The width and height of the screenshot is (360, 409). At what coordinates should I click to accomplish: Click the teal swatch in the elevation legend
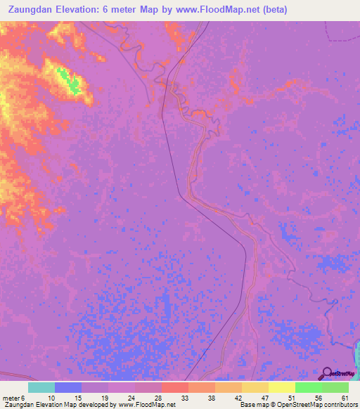point(41,387)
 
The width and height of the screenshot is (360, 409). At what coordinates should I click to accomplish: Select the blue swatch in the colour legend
point(68,387)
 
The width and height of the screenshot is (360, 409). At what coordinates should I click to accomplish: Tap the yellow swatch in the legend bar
point(281,387)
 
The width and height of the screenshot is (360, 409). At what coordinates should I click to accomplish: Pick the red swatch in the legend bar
point(175,387)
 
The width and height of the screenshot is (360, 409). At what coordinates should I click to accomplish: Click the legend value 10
point(51,398)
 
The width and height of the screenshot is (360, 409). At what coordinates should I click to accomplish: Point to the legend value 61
point(345,398)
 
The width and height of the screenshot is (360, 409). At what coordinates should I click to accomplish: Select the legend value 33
point(185,398)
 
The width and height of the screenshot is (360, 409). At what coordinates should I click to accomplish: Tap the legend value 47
point(265,398)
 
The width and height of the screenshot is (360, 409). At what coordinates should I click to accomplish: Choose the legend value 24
point(131,398)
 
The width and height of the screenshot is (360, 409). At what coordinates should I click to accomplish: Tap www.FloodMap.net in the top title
point(219,10)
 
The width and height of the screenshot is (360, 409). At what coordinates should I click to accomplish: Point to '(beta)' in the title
point(271,10)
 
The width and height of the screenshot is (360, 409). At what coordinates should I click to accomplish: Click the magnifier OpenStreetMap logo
point(328,373)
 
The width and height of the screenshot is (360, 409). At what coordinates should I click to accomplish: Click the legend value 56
point(318,398)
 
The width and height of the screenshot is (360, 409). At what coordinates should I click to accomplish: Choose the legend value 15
point(78,398)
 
